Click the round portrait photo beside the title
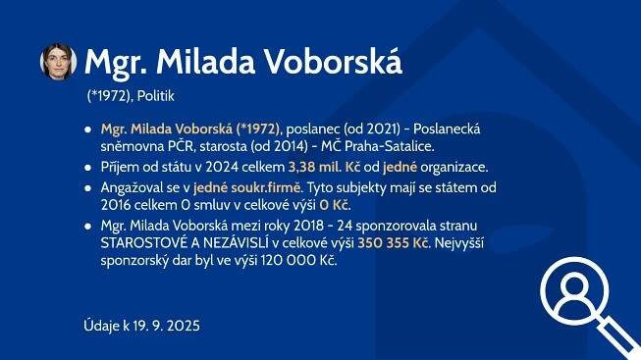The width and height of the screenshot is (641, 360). pyautogui.click(x=58, y=62)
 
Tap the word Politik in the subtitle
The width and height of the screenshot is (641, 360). pyautogui.click(x=156, y=96)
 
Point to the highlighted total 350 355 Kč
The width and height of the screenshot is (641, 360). pyautogui.click(x=393, y=243)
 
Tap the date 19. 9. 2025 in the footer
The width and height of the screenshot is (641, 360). pyautogui.click(x=166, y=326)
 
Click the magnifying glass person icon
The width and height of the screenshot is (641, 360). pyautogui.click(x=589, y=307)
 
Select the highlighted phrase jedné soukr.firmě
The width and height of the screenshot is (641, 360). pyautogui.click(x=247, y=188)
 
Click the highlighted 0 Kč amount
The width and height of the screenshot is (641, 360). pyautogui.click(x=334, y=205)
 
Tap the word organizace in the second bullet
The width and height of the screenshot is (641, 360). pyautogui.click(x=454, y=168)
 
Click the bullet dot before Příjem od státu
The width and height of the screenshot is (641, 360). pyautogui.click(x=88, y=168)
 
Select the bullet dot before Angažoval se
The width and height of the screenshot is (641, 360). pyautogui.click(x=88, y=188)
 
